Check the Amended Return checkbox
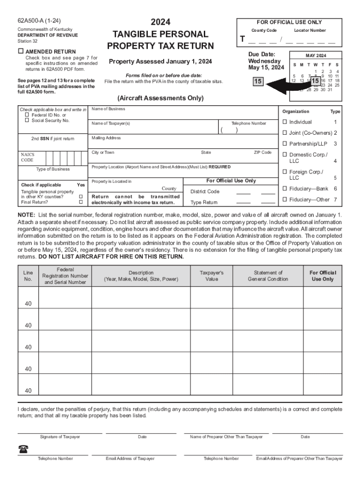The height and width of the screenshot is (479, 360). point(21,51)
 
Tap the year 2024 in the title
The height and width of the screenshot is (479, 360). point(160,22)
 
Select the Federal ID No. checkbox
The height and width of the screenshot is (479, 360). point(27,115)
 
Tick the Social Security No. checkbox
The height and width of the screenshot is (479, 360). point(27,121)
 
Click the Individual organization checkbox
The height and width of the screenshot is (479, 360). point(284,122)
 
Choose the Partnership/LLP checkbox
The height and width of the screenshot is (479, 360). point(284,144)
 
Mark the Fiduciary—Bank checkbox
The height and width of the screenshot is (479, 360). point(284,189)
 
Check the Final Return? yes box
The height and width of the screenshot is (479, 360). point(81,203)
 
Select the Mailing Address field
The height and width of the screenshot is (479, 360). point(182,141)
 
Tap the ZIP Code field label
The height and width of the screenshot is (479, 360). point(262,152)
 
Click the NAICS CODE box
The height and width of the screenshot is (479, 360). point(52,157)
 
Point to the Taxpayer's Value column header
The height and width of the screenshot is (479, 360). point(212,276)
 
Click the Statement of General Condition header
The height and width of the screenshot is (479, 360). point(268,276)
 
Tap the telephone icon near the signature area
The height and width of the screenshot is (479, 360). point(23,449)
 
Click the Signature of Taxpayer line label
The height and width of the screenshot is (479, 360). point(60,437)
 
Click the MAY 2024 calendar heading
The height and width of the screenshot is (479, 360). point(316,55)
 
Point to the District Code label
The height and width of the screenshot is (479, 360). point(205,191)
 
